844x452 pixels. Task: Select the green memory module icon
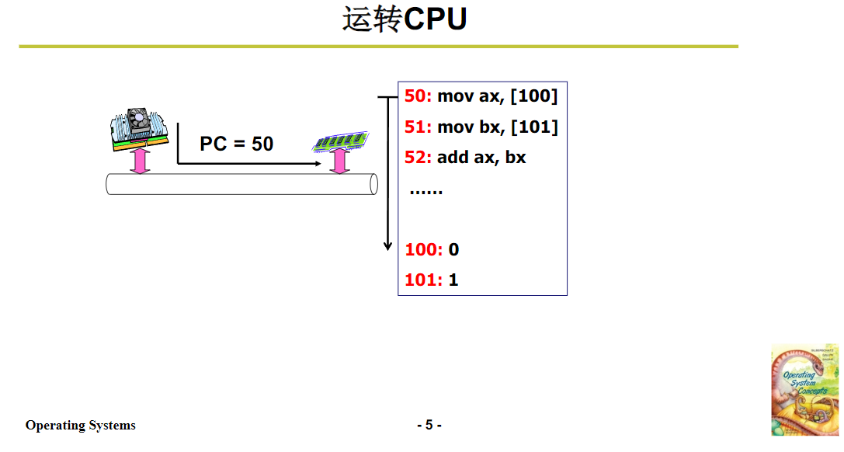point(339,141)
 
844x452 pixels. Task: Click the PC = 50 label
point(236,144)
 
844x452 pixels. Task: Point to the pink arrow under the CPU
point(140,161)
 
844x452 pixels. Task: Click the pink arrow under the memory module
point(339,162)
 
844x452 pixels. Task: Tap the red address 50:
point(418,96)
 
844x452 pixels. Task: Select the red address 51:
point(418,127)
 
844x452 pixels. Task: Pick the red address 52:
point(418,157)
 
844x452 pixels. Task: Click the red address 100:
point(423,249)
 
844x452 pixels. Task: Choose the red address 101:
point(423,280)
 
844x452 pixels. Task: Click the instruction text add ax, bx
point(481,157)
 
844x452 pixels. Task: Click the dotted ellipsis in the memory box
point(425,191)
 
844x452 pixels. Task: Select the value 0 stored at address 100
point(454,249)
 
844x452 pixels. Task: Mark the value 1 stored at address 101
point(453,280)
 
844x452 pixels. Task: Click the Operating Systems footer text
point(81,425)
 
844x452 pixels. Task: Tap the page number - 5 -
point(429,425)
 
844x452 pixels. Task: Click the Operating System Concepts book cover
point(804,389)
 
